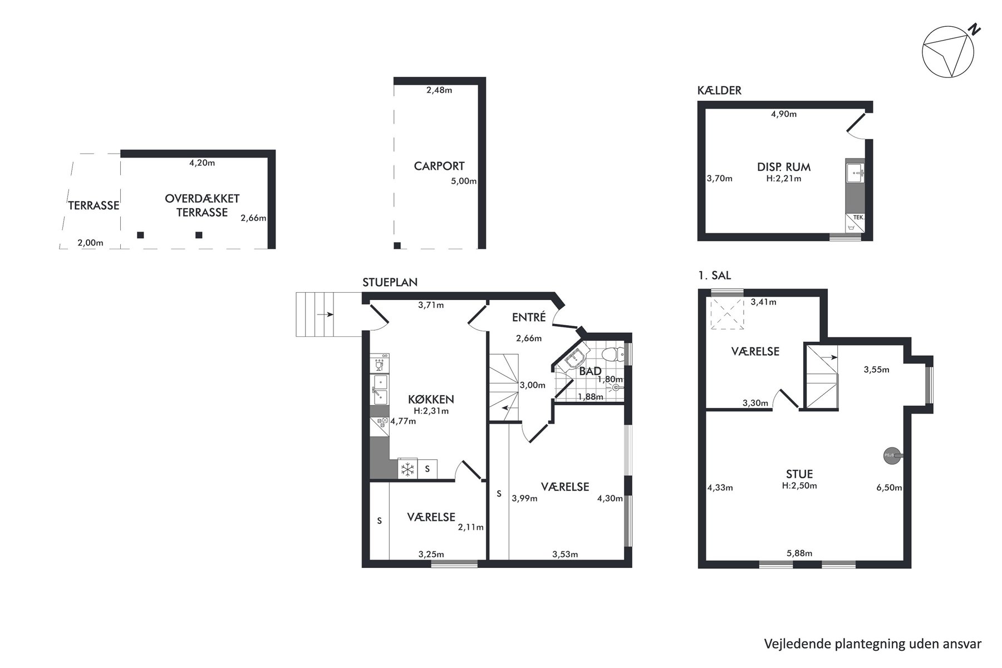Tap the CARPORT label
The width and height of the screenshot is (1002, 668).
click(439, 166)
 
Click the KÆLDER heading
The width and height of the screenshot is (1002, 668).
click(719, 91)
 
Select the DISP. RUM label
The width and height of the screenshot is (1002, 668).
click(784, 167)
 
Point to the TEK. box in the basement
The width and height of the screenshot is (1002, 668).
click(855, 222)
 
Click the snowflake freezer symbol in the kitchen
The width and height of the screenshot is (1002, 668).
click(408, 469)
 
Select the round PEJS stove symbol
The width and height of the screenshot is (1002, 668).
click(890, 456)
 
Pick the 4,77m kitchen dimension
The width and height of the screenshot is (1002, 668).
click(403, 421)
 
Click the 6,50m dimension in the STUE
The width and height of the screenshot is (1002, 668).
click(889, 488)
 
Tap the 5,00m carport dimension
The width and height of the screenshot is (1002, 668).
click(464, 181)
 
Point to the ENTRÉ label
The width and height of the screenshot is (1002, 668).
click(529, 317)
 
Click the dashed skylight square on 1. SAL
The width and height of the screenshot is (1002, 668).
click(726, 315)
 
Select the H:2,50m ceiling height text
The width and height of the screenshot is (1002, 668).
click(799, 485)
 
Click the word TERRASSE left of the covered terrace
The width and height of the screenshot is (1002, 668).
click(94, 205)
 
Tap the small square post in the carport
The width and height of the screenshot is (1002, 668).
click(397, 245)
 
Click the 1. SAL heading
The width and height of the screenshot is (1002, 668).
click(714, 276)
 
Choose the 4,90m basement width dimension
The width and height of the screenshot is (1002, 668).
click(784, 114)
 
